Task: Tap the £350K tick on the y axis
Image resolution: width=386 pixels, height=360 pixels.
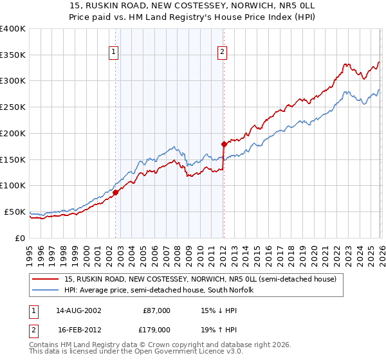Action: pos(13,55)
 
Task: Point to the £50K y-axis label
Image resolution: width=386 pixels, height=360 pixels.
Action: pos(15,212)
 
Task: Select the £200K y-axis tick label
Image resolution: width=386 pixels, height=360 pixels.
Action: pos(13,134)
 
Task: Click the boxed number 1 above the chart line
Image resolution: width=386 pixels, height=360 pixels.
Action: pos(113,52)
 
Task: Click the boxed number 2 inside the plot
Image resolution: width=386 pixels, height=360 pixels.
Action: pos(222,52)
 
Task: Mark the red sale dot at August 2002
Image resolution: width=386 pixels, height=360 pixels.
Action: pos(116,192)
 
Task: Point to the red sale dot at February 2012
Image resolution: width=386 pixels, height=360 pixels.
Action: pos(224,144)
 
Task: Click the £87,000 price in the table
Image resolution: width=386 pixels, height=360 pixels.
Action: pos(156,310)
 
